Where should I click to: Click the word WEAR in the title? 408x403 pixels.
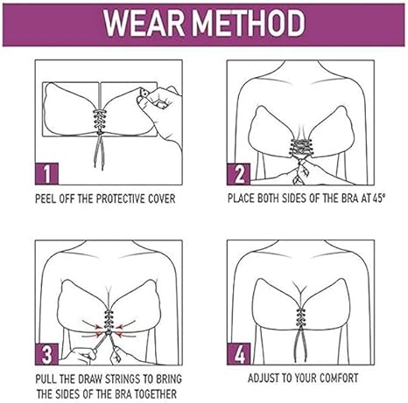(144, 24)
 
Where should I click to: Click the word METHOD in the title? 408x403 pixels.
(249, 24)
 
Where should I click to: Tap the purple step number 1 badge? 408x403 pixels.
(46, 173)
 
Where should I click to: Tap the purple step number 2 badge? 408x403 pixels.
(238, 174)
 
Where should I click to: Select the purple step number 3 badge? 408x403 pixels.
(46, 354)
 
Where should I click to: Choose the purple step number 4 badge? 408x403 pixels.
(238, 354)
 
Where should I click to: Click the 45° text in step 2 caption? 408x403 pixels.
(378, 198)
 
